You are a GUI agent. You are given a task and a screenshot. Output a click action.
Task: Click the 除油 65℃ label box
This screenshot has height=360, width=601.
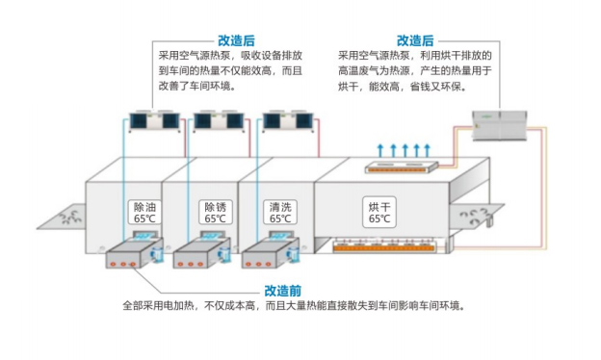tap(144, 212)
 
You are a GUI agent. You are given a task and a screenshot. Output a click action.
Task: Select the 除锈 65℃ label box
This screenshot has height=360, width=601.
tap(216, 212)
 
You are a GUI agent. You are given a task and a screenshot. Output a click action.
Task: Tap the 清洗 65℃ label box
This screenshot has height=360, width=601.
tap(280, 212)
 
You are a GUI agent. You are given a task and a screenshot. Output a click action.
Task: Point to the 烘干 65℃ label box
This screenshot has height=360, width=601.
tap(379, 212)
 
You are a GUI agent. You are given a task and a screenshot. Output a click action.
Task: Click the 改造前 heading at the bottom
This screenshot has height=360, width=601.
tap(283, 291)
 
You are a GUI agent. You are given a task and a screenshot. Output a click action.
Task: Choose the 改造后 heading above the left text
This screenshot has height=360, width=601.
tap(236, 40)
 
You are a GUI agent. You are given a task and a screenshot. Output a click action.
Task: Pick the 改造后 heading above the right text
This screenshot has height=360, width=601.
tap(415, 40)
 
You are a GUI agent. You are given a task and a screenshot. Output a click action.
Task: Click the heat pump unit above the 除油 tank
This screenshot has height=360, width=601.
tap(154, 121)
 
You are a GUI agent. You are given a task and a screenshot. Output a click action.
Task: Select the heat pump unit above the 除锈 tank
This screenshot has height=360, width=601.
tap(219, 121)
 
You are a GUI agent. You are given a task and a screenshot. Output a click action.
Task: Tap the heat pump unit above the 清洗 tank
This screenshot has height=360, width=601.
tap(288, 121)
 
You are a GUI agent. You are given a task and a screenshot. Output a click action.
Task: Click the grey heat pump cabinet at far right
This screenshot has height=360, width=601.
tap(500, 125)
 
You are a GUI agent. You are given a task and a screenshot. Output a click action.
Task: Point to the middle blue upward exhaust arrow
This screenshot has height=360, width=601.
tap(405, 150)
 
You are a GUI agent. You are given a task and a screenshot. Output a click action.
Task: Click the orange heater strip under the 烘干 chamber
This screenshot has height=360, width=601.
tap(383, 248)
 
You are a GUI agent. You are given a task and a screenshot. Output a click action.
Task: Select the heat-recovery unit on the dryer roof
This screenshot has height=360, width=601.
tap(402, 167)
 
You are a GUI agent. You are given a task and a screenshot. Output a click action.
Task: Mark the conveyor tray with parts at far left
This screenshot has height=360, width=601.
tap(62, 218)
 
